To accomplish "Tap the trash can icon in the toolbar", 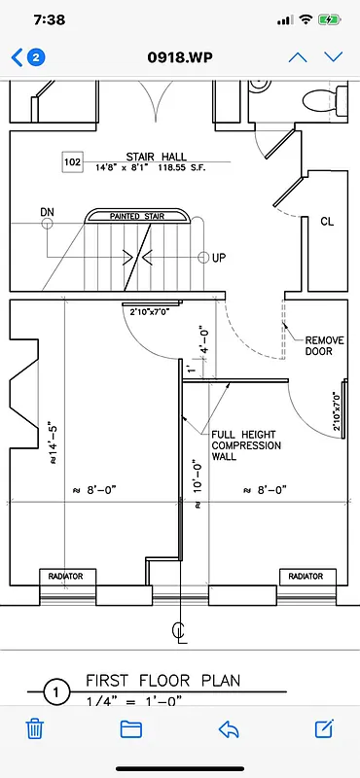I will (x=34, y=728).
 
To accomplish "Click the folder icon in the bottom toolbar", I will (x=131, y=728).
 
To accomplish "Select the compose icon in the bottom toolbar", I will (x=325, y=728).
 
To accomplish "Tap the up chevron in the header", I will (x=298, y=56).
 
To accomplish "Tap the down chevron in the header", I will (x=334, y=56).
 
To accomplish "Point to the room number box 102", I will (x=72, y=161).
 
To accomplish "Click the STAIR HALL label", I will (x=149, y=156).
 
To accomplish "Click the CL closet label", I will (x=327, y=221).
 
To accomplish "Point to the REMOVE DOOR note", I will (x=319, y=346).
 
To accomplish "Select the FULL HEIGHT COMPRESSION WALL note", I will (x=246, y=445).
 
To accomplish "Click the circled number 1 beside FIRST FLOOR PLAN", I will (x=56, y=692).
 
